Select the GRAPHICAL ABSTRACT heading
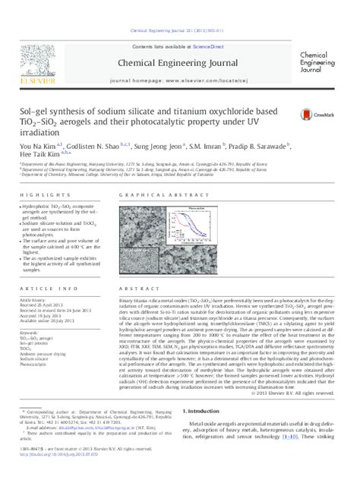click(x=150, y=195)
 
